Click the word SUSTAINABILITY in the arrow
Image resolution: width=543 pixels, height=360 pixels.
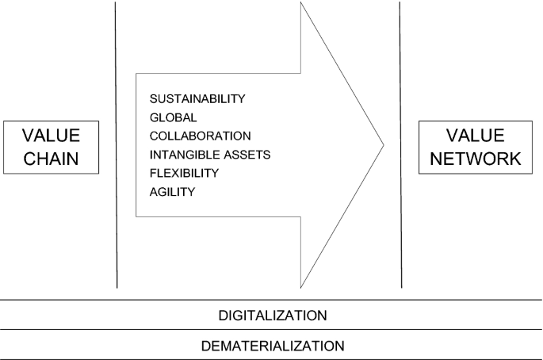[x=197, y=99]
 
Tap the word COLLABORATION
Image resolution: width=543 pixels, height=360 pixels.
[x=200, y=136]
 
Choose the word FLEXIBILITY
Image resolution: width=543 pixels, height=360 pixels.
[x=184, y=173]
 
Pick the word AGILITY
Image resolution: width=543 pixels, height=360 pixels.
[x=172, y=191]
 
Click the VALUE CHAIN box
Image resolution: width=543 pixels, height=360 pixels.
[x=52, y=147]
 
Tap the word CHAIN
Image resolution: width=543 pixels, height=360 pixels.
[x=52, y=158]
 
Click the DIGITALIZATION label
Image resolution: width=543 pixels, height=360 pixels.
[x=272, y=316]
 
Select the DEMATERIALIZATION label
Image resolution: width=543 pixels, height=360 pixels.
[x=272, y=346]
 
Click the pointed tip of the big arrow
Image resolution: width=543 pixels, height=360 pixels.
[x=384, y=145]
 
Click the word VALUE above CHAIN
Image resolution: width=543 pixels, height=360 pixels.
[x=52, y=136]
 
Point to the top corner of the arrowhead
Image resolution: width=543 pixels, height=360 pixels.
[x=302, y=3]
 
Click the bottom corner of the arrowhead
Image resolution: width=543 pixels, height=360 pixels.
[x=301, y=286]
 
